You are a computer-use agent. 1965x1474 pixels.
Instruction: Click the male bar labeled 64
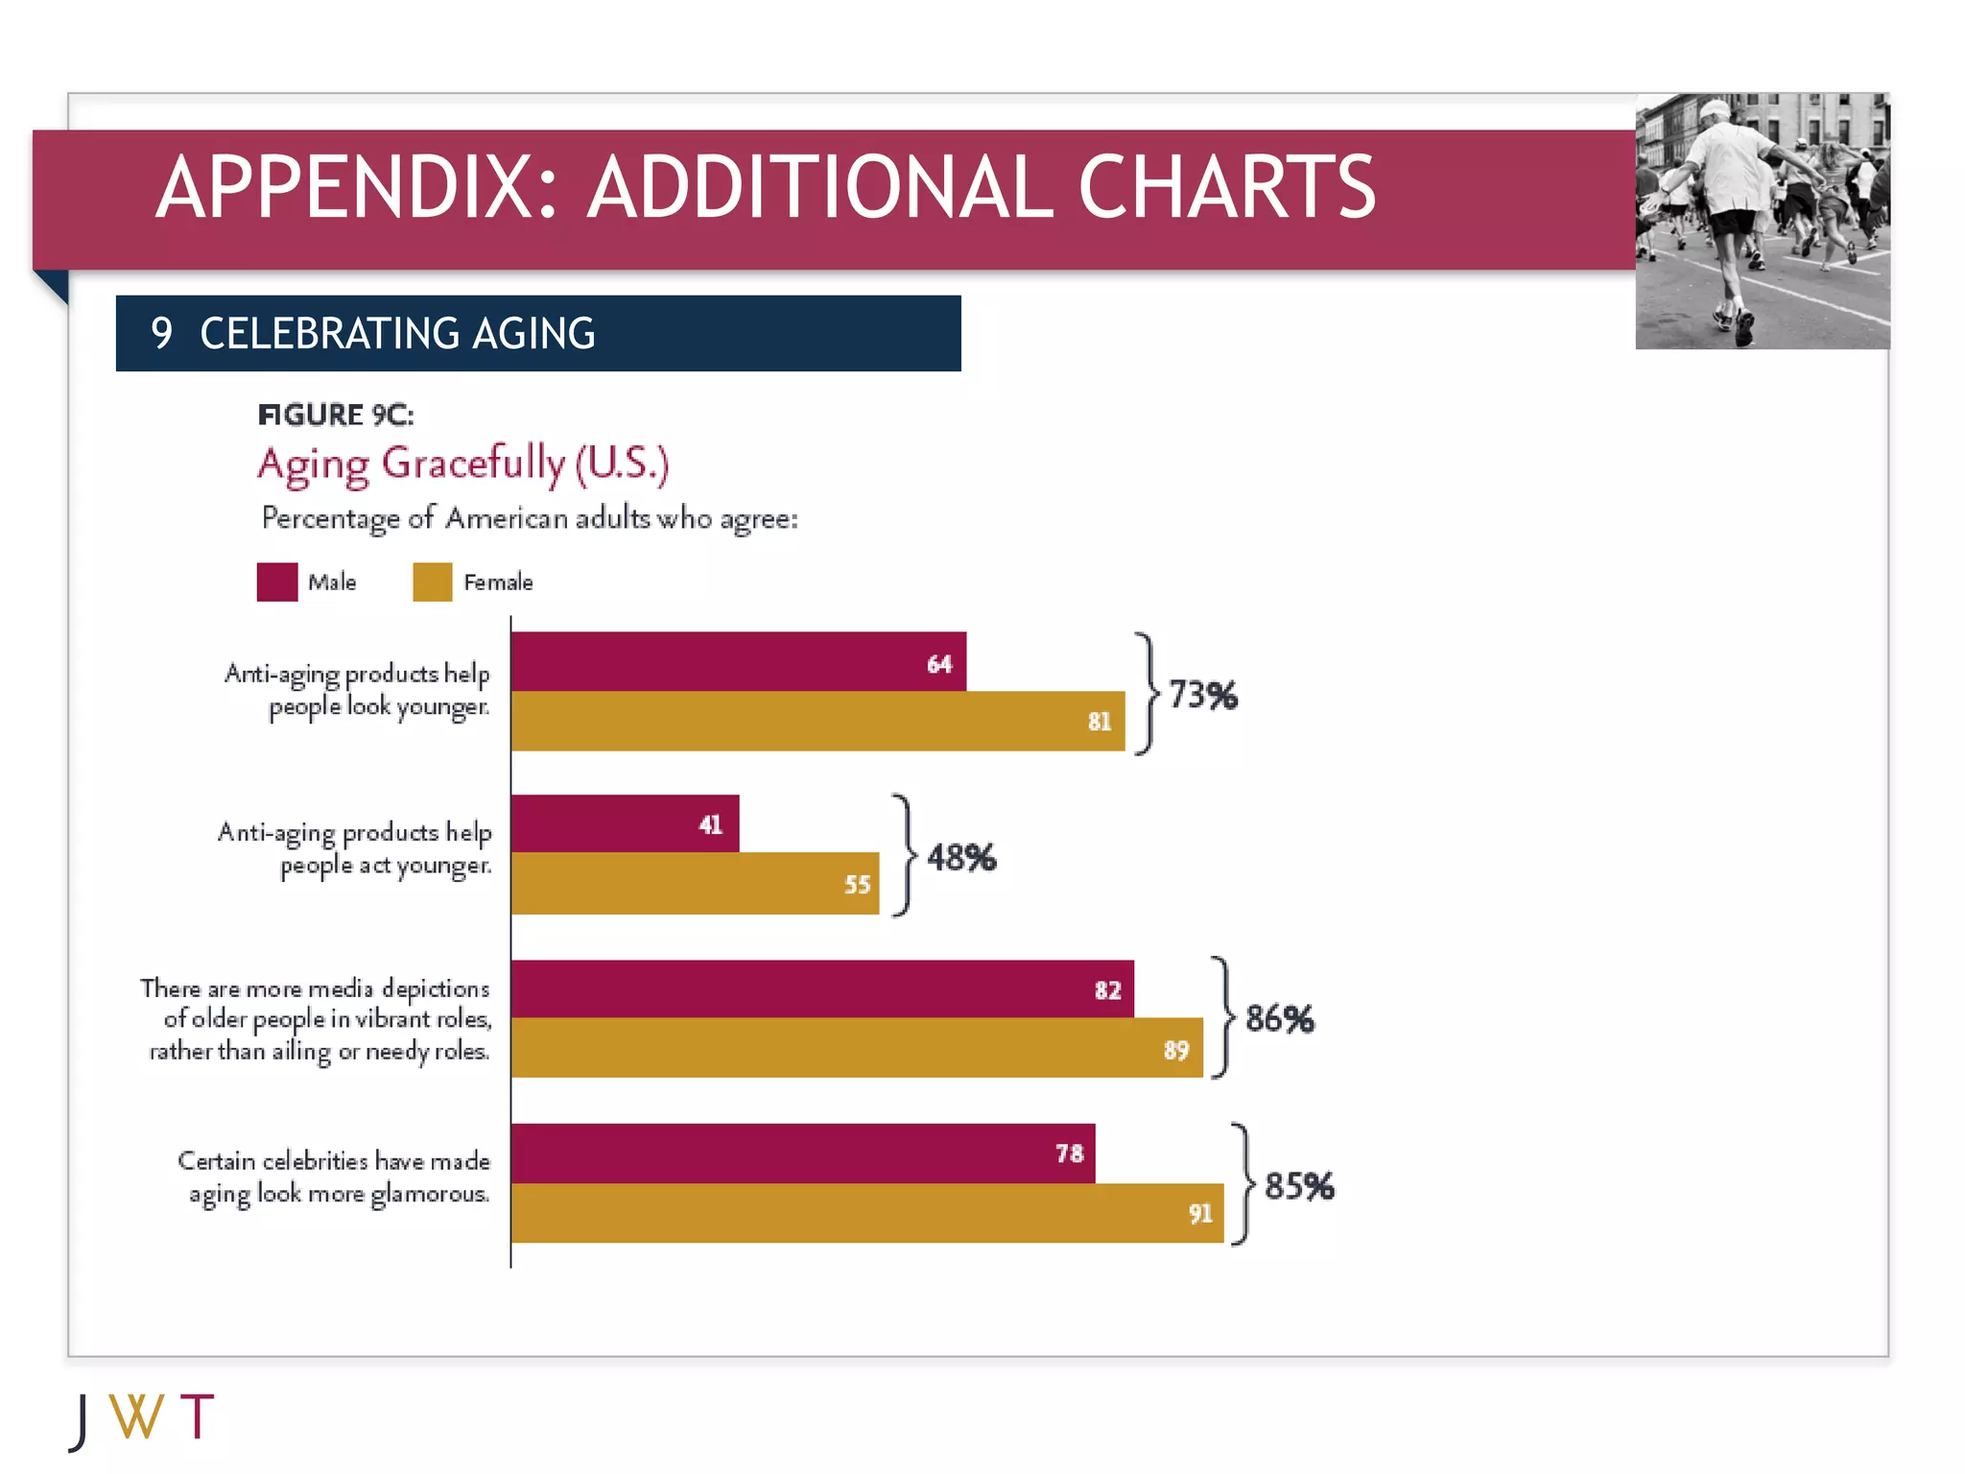coord(738,661)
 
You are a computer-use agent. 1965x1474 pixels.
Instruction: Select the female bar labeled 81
coord(817,721)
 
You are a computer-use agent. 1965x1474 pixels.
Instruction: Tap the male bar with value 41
coord(625,823)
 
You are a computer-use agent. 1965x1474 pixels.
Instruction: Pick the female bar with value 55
coord(695,883)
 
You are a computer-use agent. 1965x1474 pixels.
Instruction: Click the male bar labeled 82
coord(822,988)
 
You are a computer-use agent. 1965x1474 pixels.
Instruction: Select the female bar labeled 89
coord(857,1048)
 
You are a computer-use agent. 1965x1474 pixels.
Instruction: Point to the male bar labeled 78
coord(802,1153)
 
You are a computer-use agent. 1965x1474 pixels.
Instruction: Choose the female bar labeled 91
coord(867,1213)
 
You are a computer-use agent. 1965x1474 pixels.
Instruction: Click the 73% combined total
coord(1203,695)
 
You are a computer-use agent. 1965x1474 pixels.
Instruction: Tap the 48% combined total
coord(961,857)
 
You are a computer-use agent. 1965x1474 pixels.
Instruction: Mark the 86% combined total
coord(1280,1018)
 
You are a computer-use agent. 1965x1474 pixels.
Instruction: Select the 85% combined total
coord(1299,1186)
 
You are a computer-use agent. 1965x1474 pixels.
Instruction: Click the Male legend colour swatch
coord(277,582)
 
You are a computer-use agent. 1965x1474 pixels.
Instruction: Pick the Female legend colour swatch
coord(433,582)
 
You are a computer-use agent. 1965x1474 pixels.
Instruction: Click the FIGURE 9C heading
coord(336,415)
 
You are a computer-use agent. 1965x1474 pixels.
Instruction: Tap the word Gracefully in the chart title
coord(474,463)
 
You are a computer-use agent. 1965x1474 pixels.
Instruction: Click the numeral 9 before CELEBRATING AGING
coord(161,333)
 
